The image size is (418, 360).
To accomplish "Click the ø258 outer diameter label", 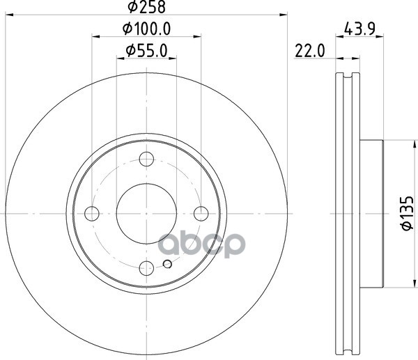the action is click(146, 7).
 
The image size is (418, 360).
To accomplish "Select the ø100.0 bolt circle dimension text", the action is click(146, 29).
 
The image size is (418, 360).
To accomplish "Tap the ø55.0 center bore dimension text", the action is click(146, 51).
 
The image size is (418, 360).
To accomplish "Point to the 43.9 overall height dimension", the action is click(359, 29).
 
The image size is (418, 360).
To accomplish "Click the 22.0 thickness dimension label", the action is click(310, 51).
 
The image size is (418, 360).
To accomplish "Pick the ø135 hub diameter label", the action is click(407, 213).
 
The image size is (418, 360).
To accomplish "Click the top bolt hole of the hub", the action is click(146, 159).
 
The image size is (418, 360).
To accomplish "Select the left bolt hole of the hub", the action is click(92, 214).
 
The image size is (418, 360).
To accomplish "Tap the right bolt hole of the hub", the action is click(201, 214).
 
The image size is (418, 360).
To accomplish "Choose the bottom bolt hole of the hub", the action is click(146, 268).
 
